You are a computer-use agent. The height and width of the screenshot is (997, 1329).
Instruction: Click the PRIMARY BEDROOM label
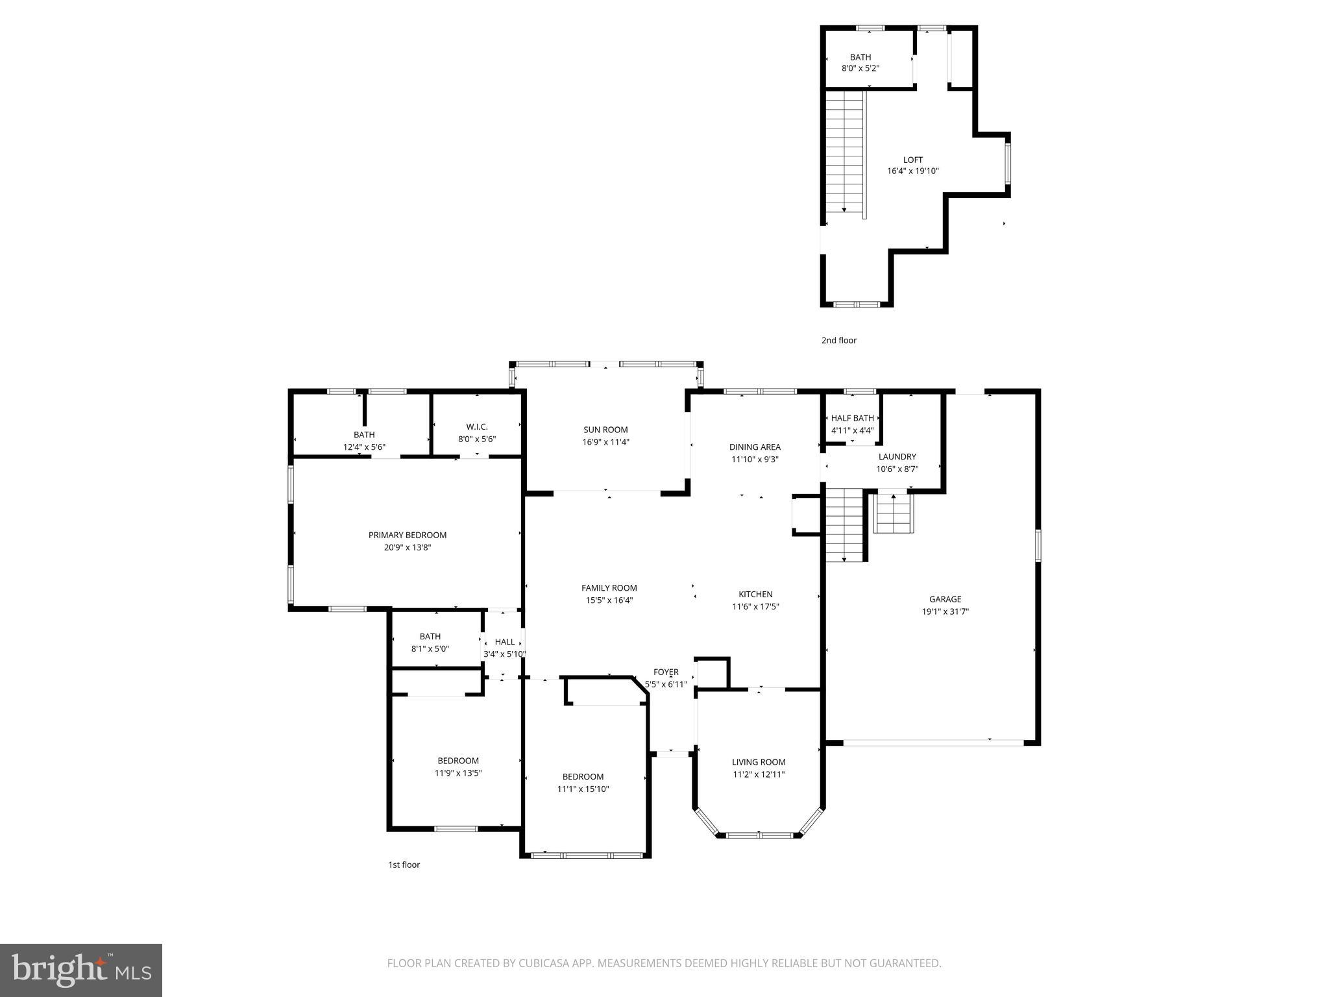(408, 535)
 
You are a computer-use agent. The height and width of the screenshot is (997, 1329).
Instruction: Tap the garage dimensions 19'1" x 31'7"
(945, 611)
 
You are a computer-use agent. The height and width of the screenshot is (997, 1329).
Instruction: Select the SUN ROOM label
(605, 430)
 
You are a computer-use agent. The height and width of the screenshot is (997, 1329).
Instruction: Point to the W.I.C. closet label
(477, 426)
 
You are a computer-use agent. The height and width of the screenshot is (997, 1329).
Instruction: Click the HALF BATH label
(853, 418)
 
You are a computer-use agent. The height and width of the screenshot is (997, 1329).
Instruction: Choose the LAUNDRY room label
(897, 456)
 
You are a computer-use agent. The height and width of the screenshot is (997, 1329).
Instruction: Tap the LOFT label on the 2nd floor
(912, 160)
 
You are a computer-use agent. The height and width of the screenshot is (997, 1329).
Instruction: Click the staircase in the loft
(846, 153)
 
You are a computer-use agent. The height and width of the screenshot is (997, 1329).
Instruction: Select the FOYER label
(666, 672)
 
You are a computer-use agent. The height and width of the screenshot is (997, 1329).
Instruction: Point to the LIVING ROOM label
(759, 762)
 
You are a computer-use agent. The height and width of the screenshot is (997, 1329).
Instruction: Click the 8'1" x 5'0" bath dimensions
(430, 648)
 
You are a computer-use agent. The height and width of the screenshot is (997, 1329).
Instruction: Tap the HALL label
(504, 641)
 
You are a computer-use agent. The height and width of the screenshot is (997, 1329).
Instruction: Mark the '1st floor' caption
(404, 865)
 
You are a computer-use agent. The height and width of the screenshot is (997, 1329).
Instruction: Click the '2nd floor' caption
(838, 340)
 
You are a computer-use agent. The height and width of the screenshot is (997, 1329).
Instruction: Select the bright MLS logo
(81, 970)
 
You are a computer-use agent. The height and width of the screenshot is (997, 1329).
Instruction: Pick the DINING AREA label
(755, 447)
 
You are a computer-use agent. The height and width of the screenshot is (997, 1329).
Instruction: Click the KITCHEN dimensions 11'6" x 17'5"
(755, 606)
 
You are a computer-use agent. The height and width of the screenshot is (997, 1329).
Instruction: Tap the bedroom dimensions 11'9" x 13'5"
(458, 773)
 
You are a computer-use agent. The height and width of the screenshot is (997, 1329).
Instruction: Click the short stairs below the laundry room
(894, 513)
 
